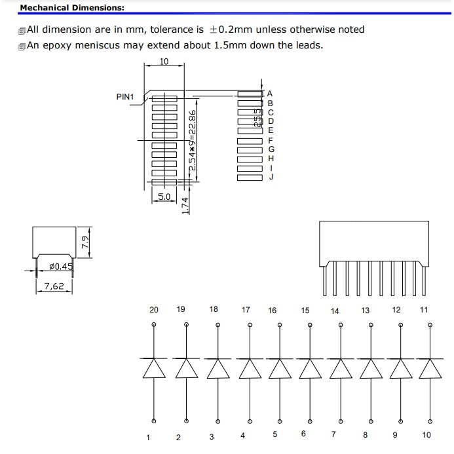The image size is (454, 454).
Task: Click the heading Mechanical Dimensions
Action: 62,9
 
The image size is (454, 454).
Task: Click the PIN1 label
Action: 125,97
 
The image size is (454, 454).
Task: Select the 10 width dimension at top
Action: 164,62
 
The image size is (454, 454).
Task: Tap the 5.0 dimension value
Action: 164,196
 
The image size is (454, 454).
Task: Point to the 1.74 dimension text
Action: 185,205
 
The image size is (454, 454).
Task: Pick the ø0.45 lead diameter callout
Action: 62,267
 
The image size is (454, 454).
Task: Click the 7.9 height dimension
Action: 84,242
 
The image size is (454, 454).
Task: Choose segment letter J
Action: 271,176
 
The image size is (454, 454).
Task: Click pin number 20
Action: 153,309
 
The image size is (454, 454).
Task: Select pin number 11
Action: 423,309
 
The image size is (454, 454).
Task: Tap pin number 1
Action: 149,437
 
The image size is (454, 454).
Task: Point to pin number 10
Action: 426,434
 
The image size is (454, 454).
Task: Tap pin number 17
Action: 246,309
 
